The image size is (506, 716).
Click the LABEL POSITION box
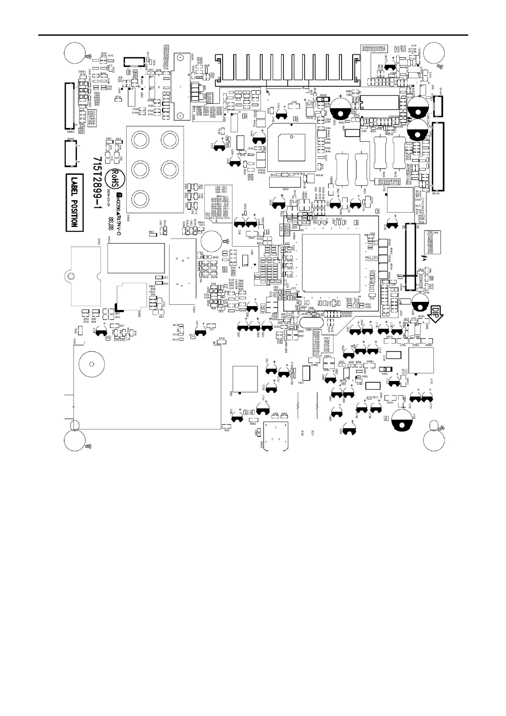click(75, 202)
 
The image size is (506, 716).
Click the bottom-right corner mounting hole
click(436, 438)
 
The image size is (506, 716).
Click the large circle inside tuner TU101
click(91, 364)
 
